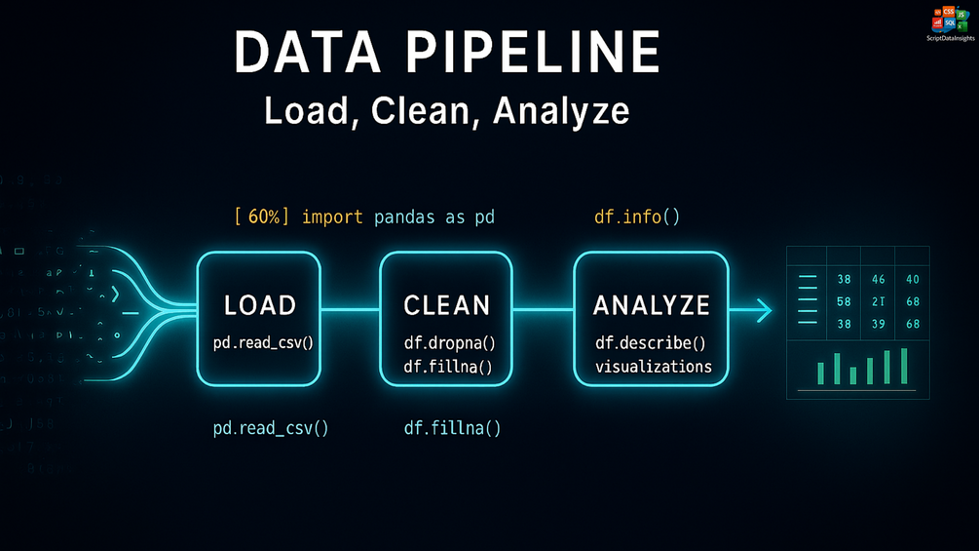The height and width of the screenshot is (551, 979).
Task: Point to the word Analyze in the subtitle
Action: (x=560, y=110)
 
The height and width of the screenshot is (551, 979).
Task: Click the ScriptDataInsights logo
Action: (x=949, y=21)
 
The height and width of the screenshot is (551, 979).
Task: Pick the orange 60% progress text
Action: (x=262, y=216)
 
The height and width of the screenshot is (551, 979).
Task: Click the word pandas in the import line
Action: (x=406, y=216)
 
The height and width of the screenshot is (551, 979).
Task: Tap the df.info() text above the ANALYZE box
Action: (x=636, y=216)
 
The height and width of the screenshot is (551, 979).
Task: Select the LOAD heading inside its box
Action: (x=259, y=305)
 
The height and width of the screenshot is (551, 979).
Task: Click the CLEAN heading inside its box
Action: (x=447, y=305)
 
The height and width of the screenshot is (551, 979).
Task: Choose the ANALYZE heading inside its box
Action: (x=652, y=305)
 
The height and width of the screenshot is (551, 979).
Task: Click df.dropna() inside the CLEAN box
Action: (x=449, y=343)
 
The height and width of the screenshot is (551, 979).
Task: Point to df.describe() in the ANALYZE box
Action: (x=650, y=343)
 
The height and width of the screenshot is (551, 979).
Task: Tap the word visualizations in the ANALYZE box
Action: (x=653, y=367)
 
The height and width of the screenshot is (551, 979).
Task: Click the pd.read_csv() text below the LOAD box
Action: (x=271, y=427)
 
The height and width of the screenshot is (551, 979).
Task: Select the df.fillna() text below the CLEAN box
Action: (x=452, y=427)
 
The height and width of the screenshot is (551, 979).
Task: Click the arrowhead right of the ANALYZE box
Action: (x=764, y=311)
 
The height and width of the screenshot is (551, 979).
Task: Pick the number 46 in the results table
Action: (x=878, y=280)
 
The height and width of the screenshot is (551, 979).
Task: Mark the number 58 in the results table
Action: (x=844, y=301)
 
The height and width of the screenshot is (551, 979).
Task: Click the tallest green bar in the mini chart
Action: (x=904, y=365)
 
